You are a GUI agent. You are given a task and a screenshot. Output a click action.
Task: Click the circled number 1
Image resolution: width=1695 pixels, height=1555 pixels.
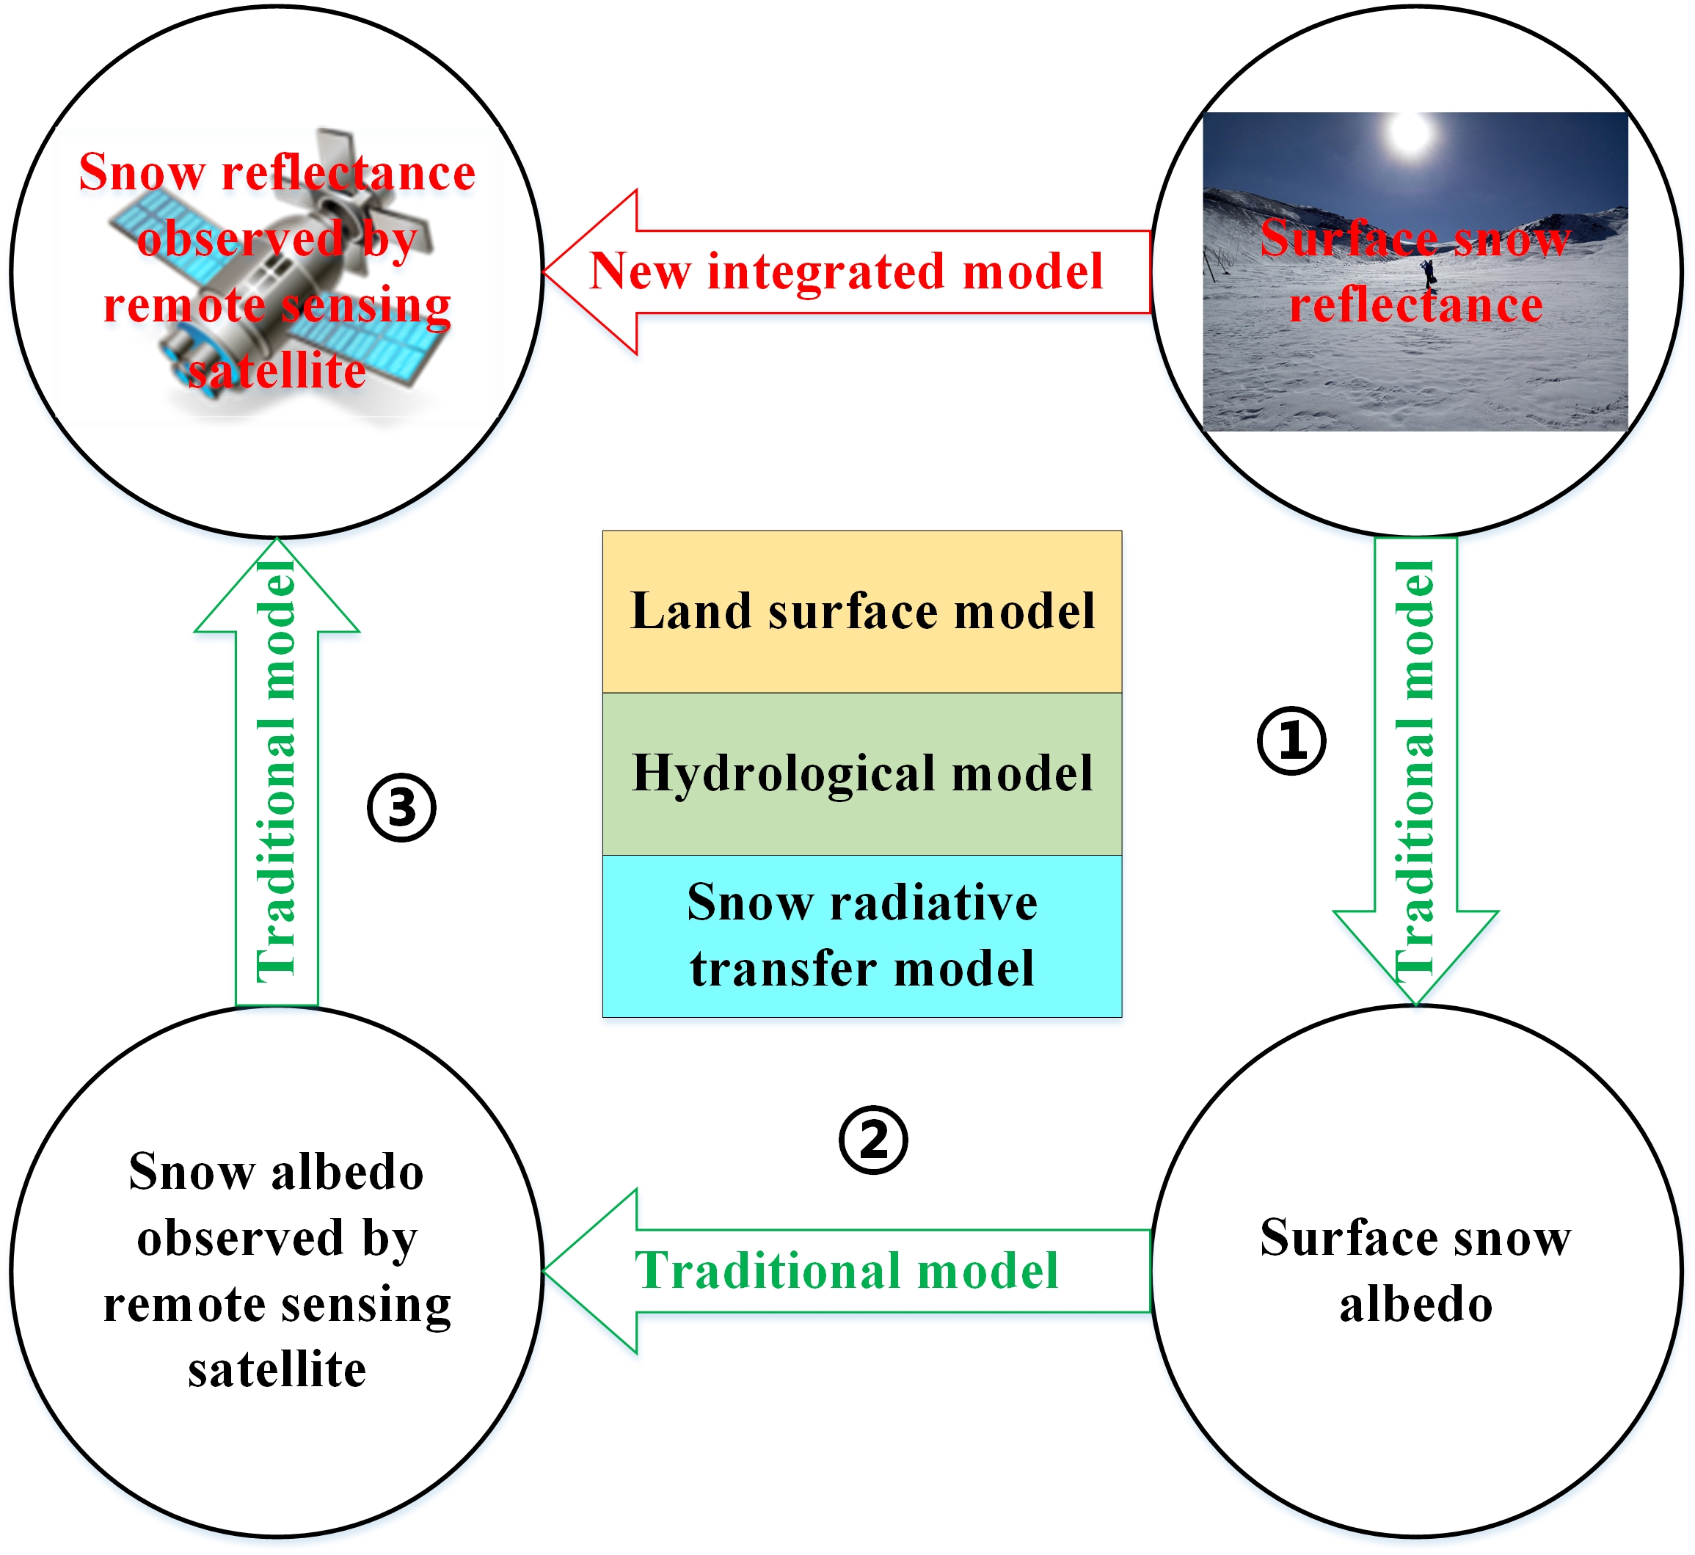tap(1291, 741)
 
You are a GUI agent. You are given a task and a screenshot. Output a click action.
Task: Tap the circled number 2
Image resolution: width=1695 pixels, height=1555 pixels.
tap(873, 1140)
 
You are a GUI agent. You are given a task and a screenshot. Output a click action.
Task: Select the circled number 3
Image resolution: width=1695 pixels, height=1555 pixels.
tap(401, 808)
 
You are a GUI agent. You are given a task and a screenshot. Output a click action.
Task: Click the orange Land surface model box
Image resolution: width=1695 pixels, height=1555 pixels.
tap(861, 612)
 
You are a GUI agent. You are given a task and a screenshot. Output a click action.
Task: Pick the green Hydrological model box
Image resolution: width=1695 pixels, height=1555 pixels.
tap(861, 774)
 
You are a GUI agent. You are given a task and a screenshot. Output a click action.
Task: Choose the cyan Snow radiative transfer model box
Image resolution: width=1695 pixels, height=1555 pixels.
tap(861, 936)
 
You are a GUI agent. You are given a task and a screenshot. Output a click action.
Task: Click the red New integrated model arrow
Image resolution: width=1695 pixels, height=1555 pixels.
tap(845, 272)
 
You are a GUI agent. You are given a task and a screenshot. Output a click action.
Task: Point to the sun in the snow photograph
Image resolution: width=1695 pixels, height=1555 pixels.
tap(1411, 134)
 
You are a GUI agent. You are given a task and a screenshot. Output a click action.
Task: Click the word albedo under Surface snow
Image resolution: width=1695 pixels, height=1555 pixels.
tap(1415, 1305)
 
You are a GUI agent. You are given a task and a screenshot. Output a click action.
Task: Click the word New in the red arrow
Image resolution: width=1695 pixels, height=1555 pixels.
tap(639, 272)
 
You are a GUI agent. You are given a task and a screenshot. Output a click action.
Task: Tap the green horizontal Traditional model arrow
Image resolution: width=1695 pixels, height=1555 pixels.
tap(845, 1270)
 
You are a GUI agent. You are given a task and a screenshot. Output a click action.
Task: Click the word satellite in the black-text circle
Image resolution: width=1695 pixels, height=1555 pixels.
tap(277, 1370)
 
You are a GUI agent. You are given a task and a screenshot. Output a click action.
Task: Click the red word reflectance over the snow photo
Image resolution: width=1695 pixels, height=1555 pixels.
tap(1415, 305)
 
